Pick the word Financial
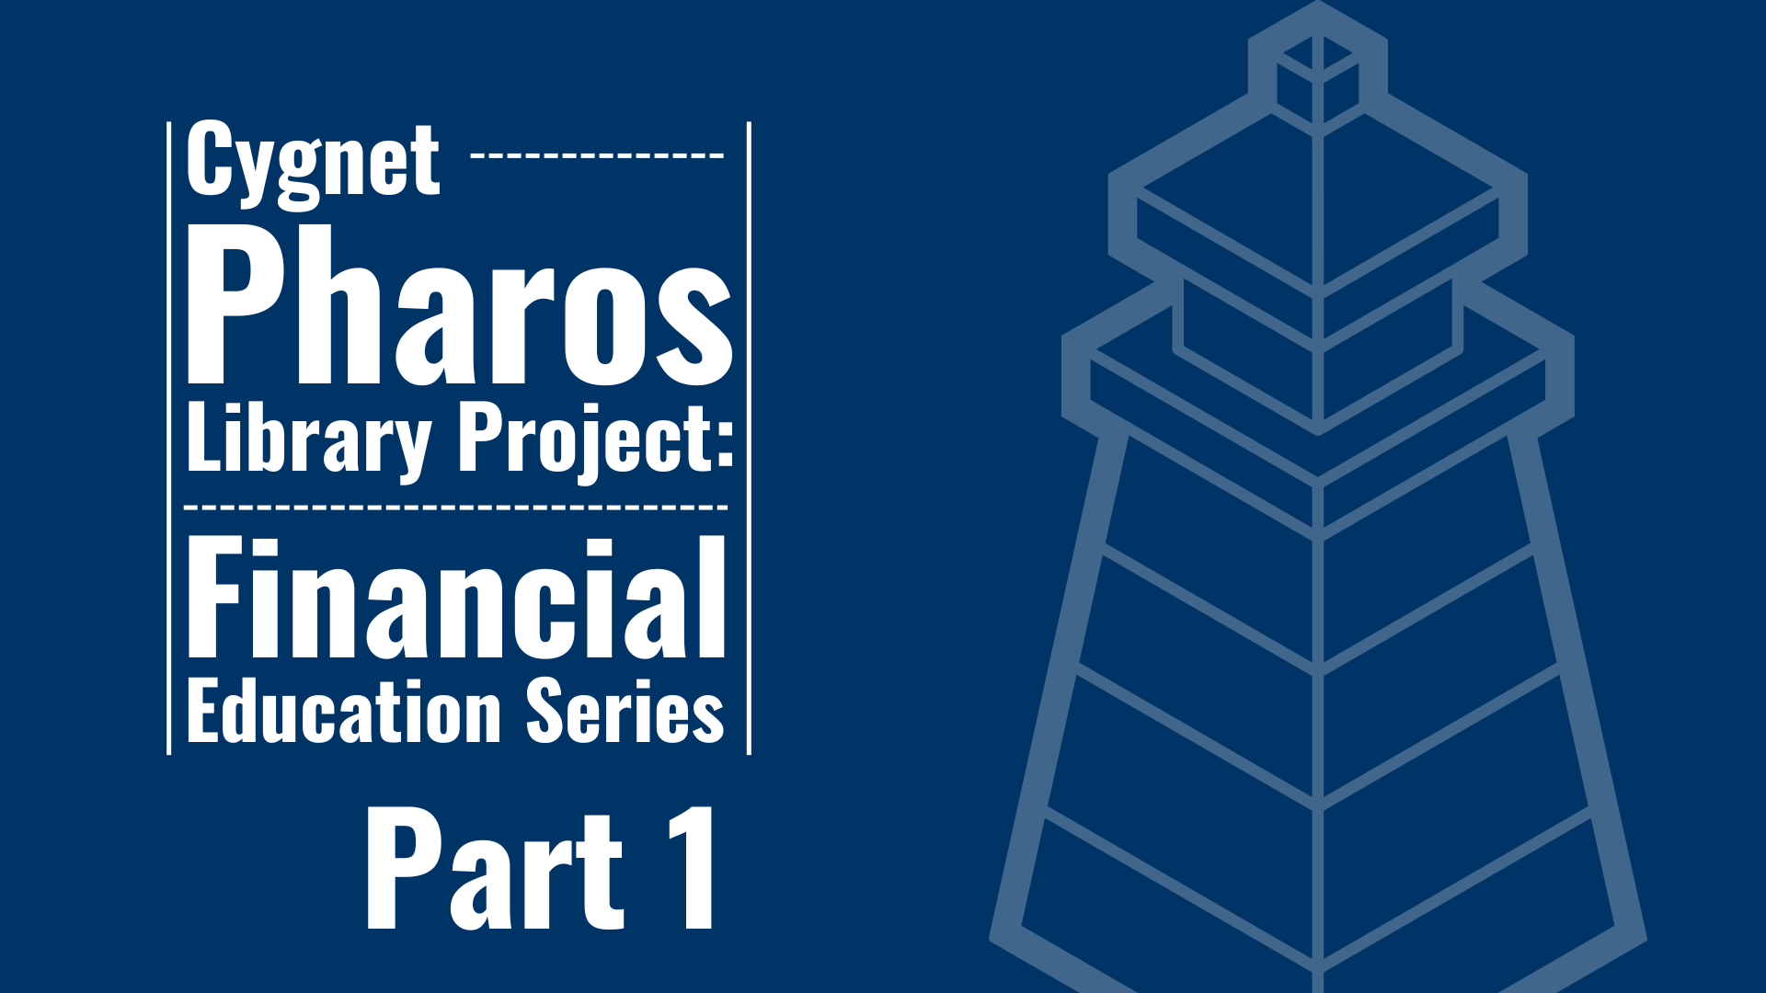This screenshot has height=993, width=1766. tap(457, 599)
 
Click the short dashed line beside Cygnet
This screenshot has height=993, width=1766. tap(598, 154)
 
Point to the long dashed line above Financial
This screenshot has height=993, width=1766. tap(456, 507)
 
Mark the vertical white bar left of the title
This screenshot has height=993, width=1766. tap(169, 438)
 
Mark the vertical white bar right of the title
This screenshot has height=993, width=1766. tap(749, 438)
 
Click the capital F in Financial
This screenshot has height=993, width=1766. tap(219, 599)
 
